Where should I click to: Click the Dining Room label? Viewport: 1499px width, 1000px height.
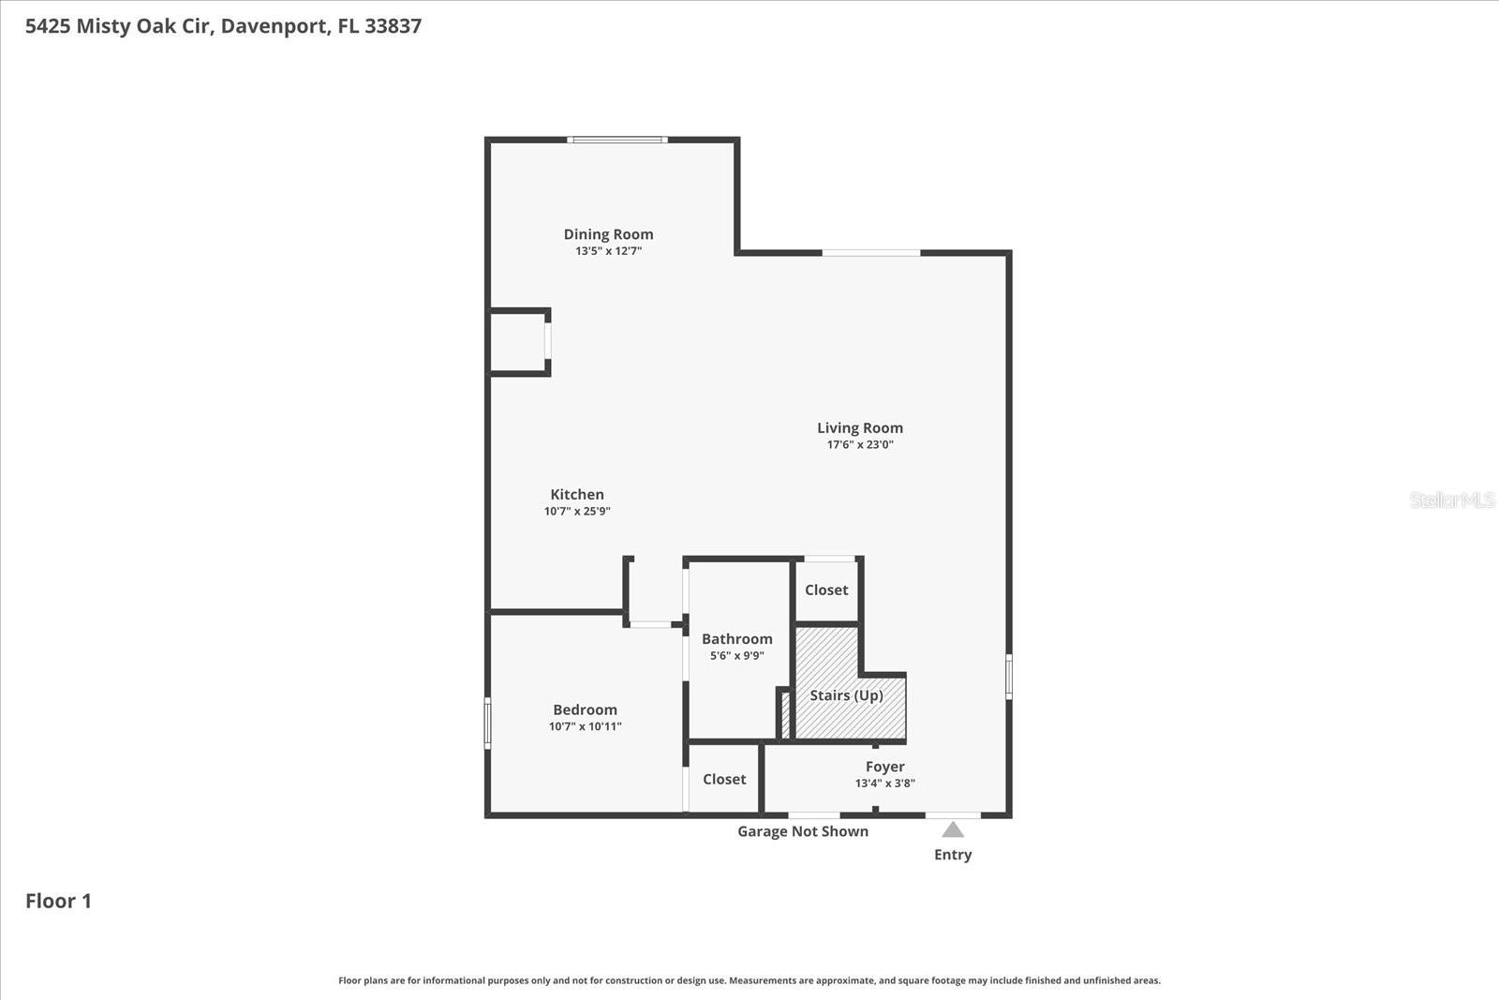point(608,234)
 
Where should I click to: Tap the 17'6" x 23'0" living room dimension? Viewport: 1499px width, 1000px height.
point(859,444)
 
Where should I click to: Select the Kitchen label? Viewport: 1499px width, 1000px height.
point(576,494)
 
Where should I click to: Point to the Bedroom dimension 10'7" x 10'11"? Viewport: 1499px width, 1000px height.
point(585,726)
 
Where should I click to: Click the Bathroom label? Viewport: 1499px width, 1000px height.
point(736,639)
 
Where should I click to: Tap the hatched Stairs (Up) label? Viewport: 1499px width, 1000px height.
point(846,695)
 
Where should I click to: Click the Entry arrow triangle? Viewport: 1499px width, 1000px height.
point(953,829)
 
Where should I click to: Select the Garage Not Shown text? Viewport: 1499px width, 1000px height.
point(802,831)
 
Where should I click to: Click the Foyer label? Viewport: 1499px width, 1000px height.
point(884,767)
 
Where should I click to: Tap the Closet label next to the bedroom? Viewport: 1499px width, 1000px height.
point(724,779)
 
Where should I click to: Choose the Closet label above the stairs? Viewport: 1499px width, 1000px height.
point(825,590)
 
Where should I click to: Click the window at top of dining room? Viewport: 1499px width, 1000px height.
point(617,140)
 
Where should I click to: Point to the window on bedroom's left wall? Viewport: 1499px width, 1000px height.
point(487,723)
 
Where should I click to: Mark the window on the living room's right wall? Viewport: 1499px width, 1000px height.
point(1009,676)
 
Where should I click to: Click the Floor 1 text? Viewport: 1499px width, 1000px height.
point(58,901)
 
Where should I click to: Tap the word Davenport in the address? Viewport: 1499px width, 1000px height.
point(275,25)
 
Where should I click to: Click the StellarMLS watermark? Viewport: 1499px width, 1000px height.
point(1451,500)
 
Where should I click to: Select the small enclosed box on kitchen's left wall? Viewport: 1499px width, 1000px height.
point(518,342)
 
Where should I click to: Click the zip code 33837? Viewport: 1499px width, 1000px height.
point(393,25)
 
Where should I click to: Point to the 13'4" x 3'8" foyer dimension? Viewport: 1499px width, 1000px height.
point(884,784)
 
